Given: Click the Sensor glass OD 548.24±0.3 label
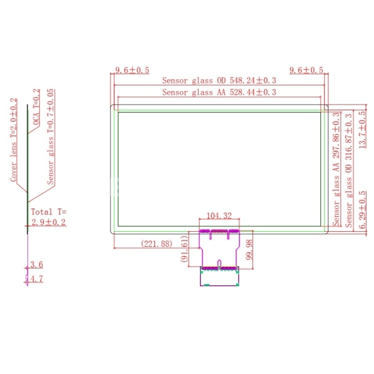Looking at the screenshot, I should click(219, 80).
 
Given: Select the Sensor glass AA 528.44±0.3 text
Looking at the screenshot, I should click(219, 92).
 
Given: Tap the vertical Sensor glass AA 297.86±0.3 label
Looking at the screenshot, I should click(336, 169).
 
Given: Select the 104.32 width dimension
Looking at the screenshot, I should click(218, 216).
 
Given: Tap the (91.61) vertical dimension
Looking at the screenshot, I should click(185, 252).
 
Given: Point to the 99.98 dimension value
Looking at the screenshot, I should click(249, 250).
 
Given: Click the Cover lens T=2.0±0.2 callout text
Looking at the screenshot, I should click(13, 140).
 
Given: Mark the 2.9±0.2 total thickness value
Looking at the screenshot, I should click(48, 222).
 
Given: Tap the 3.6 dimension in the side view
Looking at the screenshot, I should click(36, 266).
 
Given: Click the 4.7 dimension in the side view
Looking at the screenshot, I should click(36, 279).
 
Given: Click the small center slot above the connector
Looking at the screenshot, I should click(219, 262).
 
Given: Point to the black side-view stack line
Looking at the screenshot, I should click(27, 168).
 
